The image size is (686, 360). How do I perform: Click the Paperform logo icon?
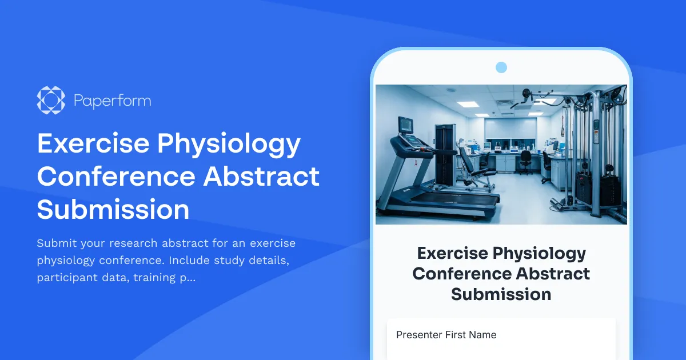51,101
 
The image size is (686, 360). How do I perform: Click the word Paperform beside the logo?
112,101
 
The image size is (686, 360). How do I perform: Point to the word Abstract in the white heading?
261,177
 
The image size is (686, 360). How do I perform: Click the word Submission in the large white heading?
113,209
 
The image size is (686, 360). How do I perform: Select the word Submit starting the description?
55,243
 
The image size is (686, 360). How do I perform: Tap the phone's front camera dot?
501,67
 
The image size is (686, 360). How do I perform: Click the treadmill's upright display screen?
406,125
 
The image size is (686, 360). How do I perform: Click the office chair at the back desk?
524,161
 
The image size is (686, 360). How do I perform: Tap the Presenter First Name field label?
446,335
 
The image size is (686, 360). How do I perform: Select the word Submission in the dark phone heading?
501,294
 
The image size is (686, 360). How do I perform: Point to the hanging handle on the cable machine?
563,129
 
